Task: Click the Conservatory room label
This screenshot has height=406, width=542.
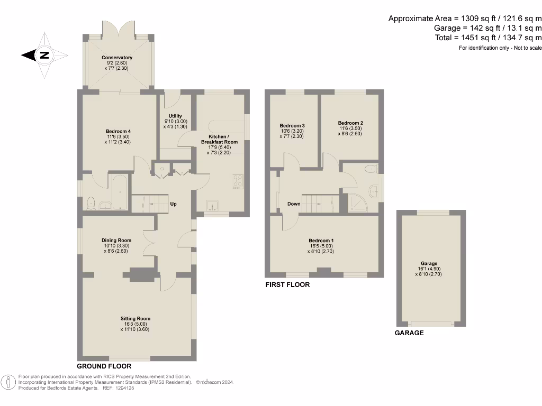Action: point(119,58)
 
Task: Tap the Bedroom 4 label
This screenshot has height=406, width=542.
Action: point(118,131)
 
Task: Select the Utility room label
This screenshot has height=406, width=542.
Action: point(175,116)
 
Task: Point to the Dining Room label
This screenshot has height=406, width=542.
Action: point(116,241)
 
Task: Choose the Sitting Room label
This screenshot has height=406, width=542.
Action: point(135,319)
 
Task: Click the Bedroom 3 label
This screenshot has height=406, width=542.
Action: point(292,125)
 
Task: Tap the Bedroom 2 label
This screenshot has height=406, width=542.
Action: point(350,123)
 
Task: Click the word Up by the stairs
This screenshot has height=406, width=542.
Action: point(173,204)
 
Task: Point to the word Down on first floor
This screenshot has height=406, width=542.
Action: point(294,204)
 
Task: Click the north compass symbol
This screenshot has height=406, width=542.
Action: point(44,55)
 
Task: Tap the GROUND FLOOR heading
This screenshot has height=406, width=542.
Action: point(104,366)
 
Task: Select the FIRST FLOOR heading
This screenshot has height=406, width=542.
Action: point(287,285)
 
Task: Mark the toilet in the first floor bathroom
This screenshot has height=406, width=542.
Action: point(372,169)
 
